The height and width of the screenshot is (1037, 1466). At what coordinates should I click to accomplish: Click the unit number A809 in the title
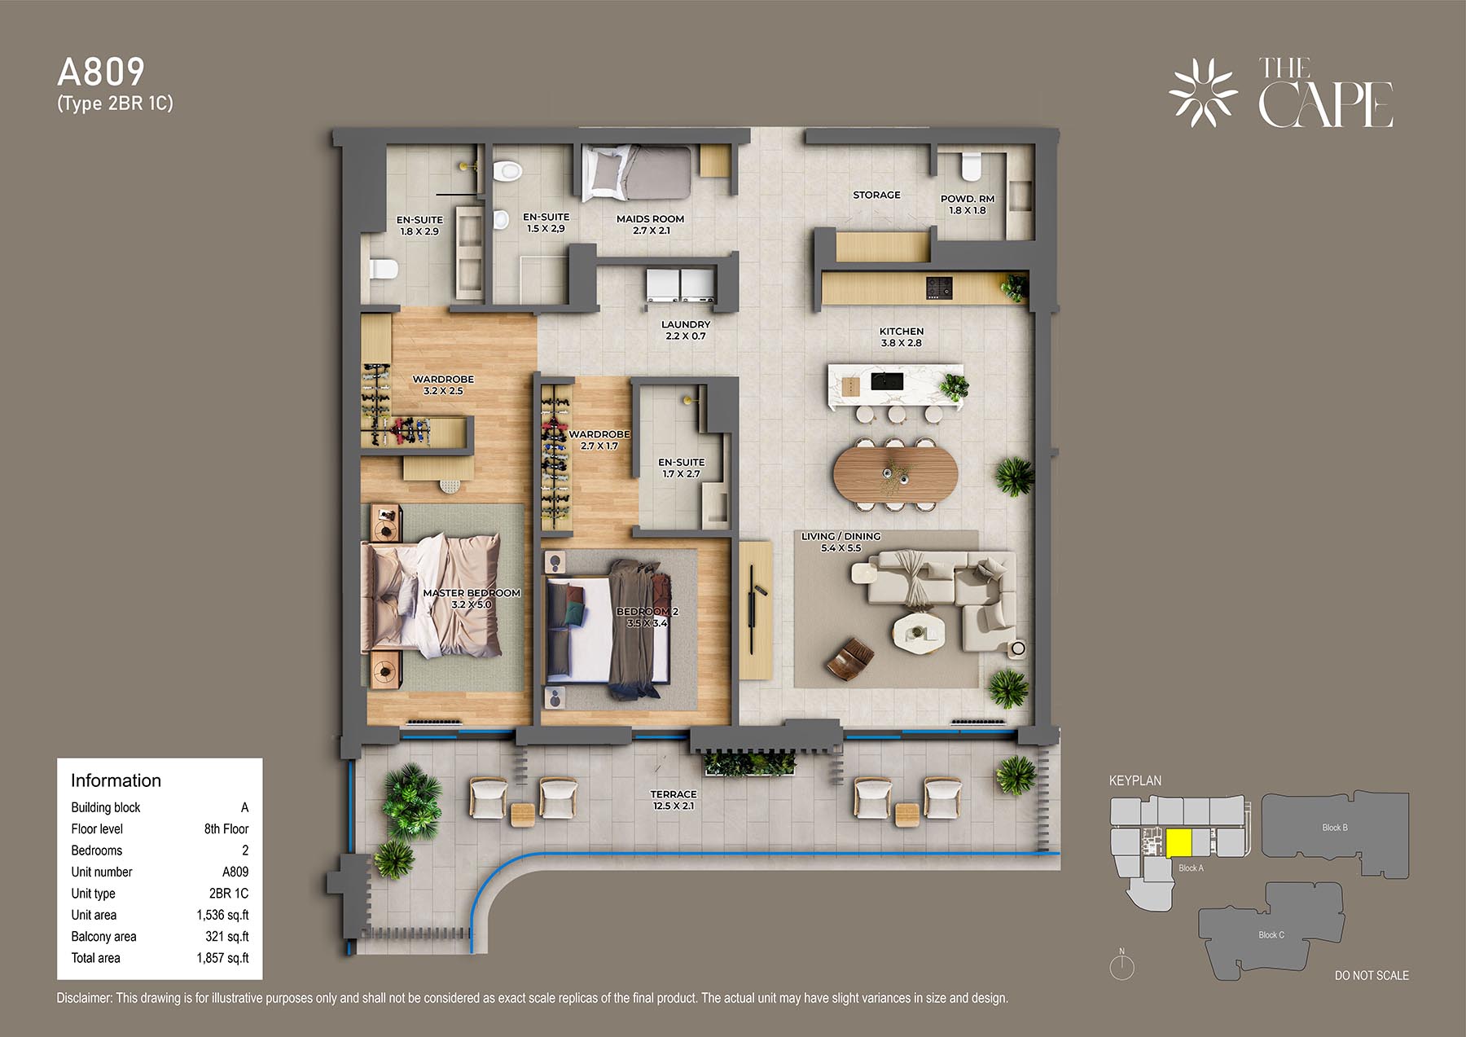pos(101,73)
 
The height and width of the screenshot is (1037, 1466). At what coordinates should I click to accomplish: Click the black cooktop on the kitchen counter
pos(939,287)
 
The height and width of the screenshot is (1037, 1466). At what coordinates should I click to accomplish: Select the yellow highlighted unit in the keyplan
pos(1179,843)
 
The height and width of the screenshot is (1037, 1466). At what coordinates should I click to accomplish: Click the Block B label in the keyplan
pos(1335,828)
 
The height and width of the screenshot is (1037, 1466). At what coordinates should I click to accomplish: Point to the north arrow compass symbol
pos(1121,964)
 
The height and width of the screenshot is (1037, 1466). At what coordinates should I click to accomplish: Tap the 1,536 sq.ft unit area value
pos(222,915)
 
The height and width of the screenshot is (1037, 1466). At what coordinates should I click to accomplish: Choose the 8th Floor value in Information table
pos(226,828)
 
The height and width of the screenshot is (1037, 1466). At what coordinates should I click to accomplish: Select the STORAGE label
pos(876,195)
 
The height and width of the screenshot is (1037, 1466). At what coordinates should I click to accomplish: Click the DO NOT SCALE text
pos(1372,975)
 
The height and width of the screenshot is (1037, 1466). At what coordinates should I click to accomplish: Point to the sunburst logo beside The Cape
pos(1203,93)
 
